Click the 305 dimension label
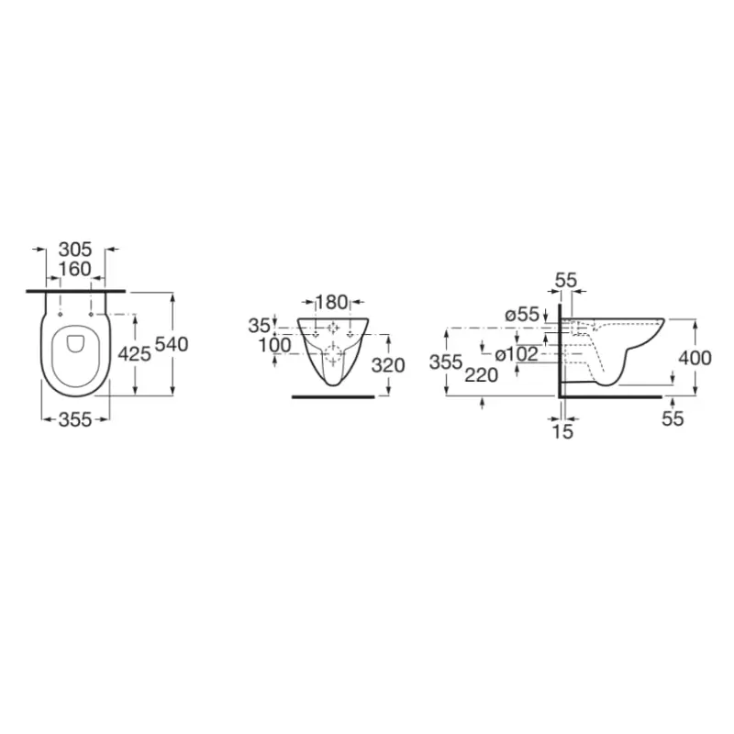[75, 250]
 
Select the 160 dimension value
[75, 269]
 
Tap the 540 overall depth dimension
[172, 345]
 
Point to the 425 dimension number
[134, 354]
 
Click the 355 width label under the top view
[75, 420]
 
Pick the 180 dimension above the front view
[332, 303]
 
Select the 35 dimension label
[260, 327]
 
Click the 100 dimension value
[275, 346]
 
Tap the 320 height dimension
[388, 365]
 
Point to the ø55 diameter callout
[522, 315]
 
